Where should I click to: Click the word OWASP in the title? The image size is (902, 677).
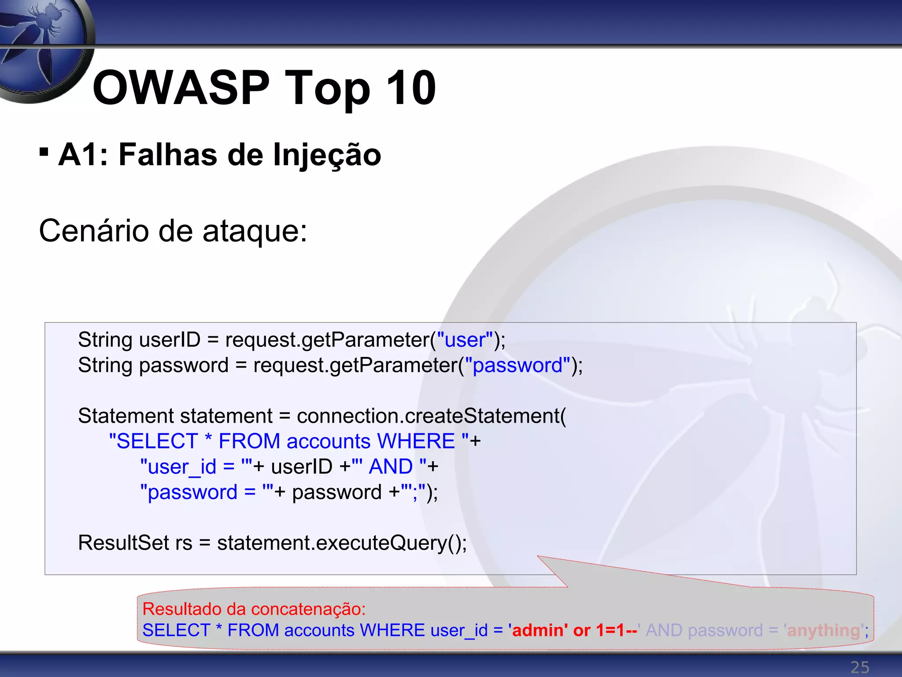[181, 88]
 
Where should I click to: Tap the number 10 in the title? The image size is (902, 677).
[410, 88]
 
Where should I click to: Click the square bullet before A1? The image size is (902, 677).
[44, 152]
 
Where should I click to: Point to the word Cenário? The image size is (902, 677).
[94, 231]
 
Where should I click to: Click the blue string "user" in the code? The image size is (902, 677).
[465, 340]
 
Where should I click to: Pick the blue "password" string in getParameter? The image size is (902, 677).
[518, 365]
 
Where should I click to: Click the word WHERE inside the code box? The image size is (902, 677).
[416, 441]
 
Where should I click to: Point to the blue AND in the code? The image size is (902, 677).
[391, 467]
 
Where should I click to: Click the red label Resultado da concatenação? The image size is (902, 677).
[254, 609]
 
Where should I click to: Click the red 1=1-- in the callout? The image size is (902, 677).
[616, 630]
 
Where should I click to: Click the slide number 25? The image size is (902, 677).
[860, 667]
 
